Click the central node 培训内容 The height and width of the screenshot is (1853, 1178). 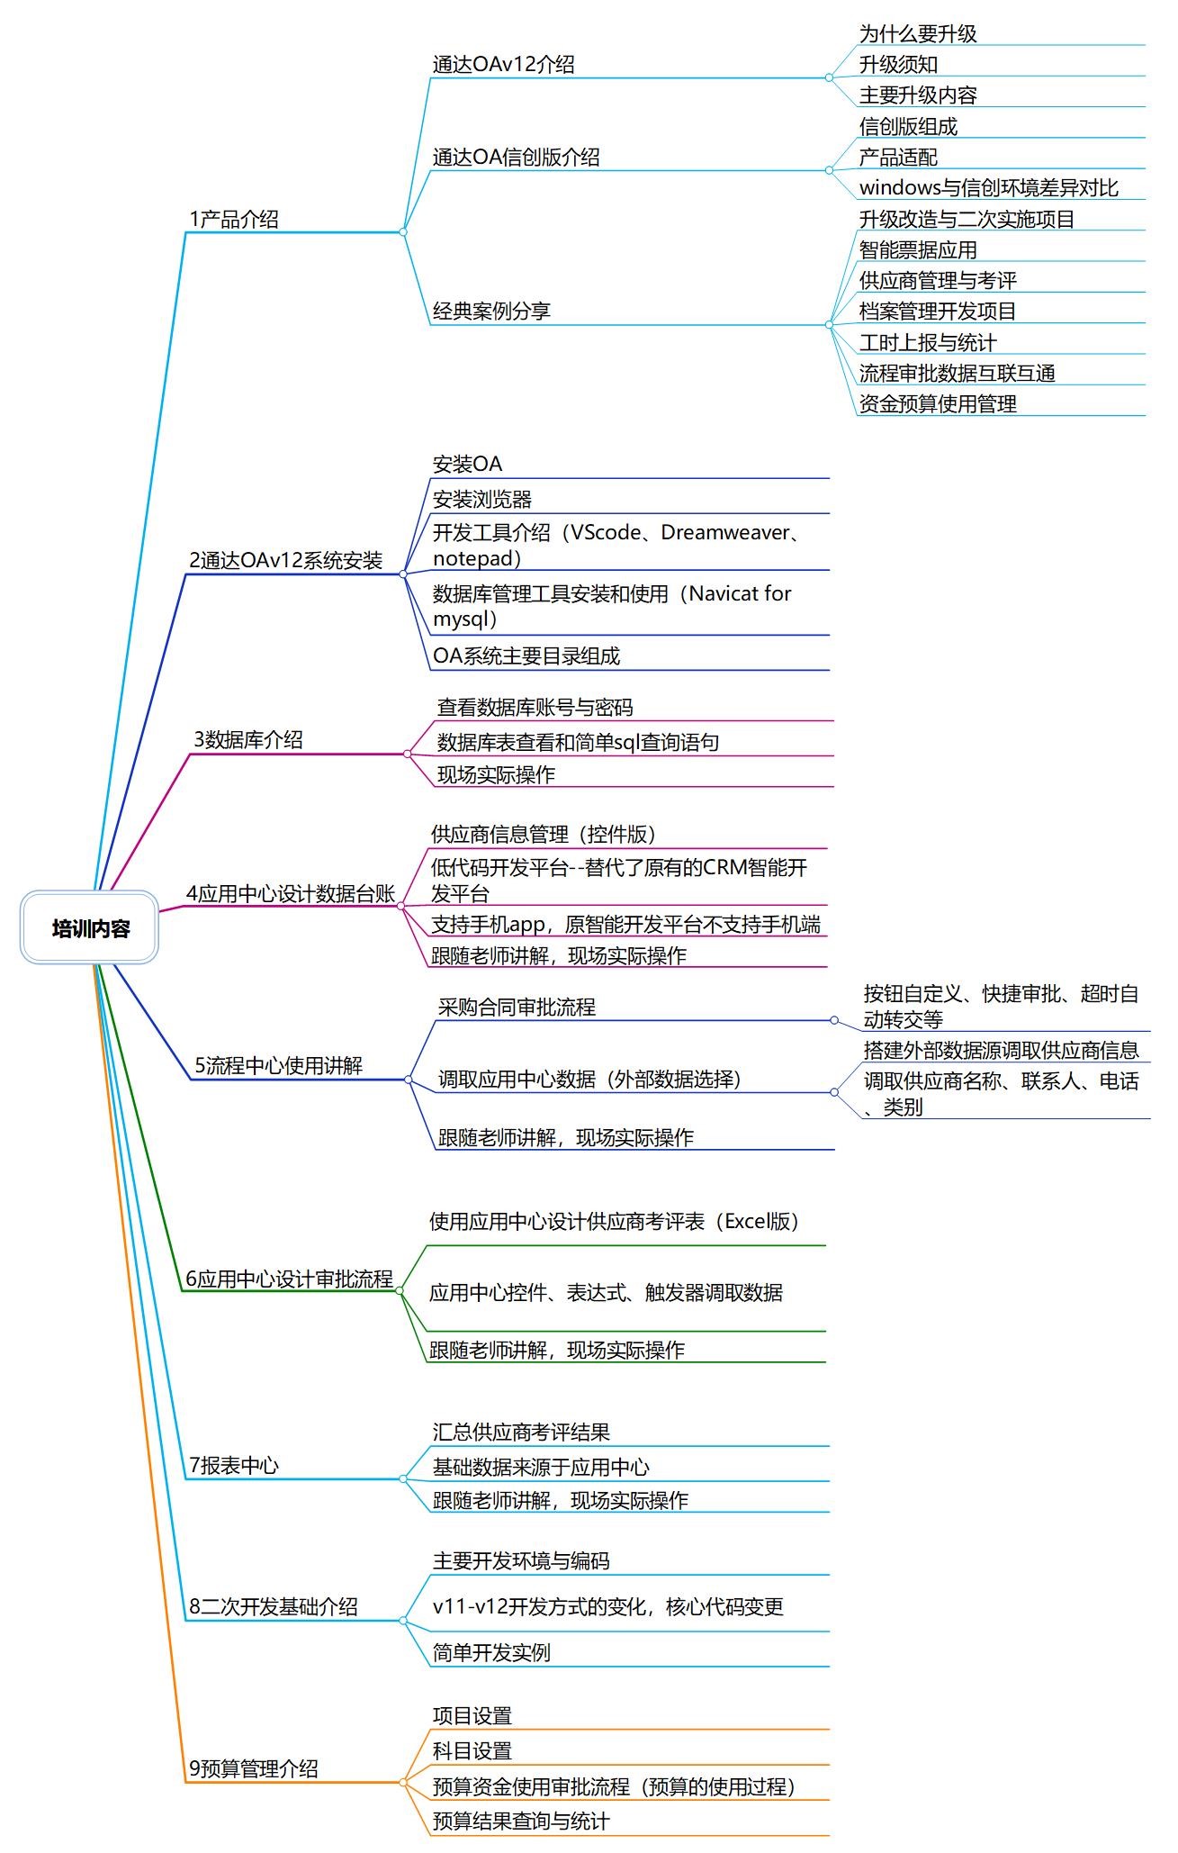[90, 928]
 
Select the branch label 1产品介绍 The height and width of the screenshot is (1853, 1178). [234, 219]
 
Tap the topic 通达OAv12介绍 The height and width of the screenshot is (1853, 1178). [503, 64]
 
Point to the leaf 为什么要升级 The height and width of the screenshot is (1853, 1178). [918, 34]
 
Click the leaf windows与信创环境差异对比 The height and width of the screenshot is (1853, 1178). [988, 187]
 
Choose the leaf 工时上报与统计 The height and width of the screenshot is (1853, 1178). [928, 342]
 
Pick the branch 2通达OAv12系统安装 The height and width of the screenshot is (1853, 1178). [286, 560]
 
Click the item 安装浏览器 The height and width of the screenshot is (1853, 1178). [482, 499]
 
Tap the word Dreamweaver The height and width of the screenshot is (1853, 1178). [724, 532]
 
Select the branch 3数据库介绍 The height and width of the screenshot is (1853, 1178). [248, 739]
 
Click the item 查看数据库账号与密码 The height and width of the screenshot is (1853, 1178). [535, 708]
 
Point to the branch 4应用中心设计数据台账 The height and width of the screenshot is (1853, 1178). [292, 893]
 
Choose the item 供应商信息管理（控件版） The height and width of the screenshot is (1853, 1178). [544, 834]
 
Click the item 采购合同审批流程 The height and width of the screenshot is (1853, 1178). [517, 1007]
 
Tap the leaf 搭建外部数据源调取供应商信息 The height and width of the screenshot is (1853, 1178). [1002, 1050]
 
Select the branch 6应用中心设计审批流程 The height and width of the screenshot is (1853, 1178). [290, 1279]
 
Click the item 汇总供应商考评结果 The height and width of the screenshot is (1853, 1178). [521, 1432]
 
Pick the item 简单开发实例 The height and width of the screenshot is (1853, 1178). [491, 1652]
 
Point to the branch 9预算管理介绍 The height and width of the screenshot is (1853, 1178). [254, 1768]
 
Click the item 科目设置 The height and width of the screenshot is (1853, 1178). [472, 1750]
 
